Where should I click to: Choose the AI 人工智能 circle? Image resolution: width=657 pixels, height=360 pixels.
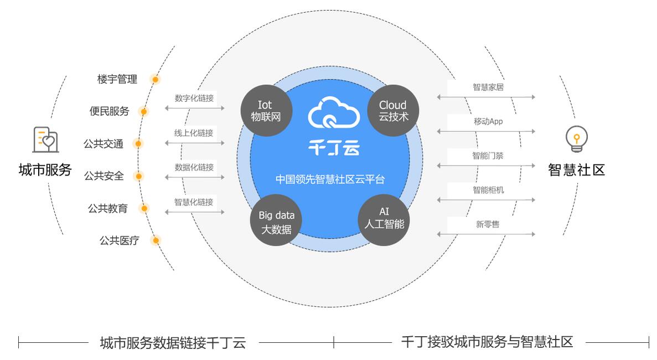tap(384, 219)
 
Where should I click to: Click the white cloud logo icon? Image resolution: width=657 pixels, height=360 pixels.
tap(334, 114)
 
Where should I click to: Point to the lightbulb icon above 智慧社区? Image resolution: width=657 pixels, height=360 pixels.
tap(576, 138)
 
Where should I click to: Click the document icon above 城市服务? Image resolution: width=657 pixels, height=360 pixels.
tap(45, 139)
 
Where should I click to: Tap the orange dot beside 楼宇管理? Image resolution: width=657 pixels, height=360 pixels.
tap(156, 79)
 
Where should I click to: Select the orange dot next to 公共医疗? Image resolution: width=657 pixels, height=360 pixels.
tap(156, 240)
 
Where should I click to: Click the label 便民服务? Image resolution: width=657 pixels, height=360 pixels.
tap(109, 111)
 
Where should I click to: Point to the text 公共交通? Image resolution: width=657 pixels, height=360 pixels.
tap(104, 143)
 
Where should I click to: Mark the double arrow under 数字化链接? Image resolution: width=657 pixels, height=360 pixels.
tap(194, 108)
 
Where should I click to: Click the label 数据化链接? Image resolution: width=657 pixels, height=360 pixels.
tap(194, 167)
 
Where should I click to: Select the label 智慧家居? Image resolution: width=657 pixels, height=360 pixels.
tap(488, 87)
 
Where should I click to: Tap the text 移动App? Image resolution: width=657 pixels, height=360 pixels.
tap(488, 121)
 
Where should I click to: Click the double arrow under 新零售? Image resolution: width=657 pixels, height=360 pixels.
tap(486, 234)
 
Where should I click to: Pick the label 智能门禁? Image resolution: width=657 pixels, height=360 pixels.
tap(488, 156)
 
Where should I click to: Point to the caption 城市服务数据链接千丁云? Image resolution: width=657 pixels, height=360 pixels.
tap(172, 343)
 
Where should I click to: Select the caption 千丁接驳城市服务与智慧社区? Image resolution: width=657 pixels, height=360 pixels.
tap(487, 342)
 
